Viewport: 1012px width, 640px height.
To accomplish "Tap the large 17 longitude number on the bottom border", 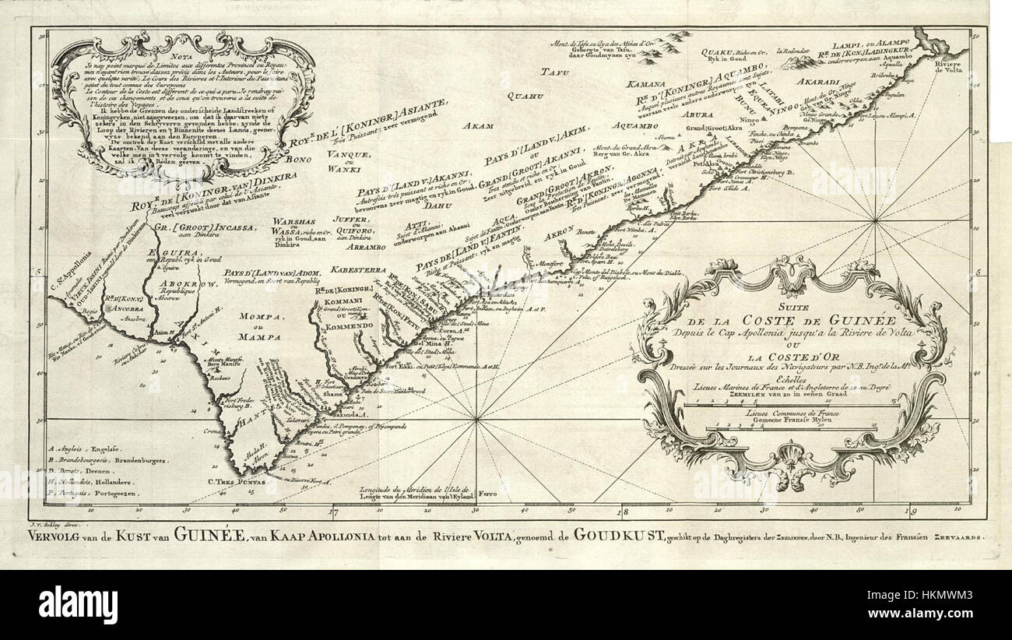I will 333,512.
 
